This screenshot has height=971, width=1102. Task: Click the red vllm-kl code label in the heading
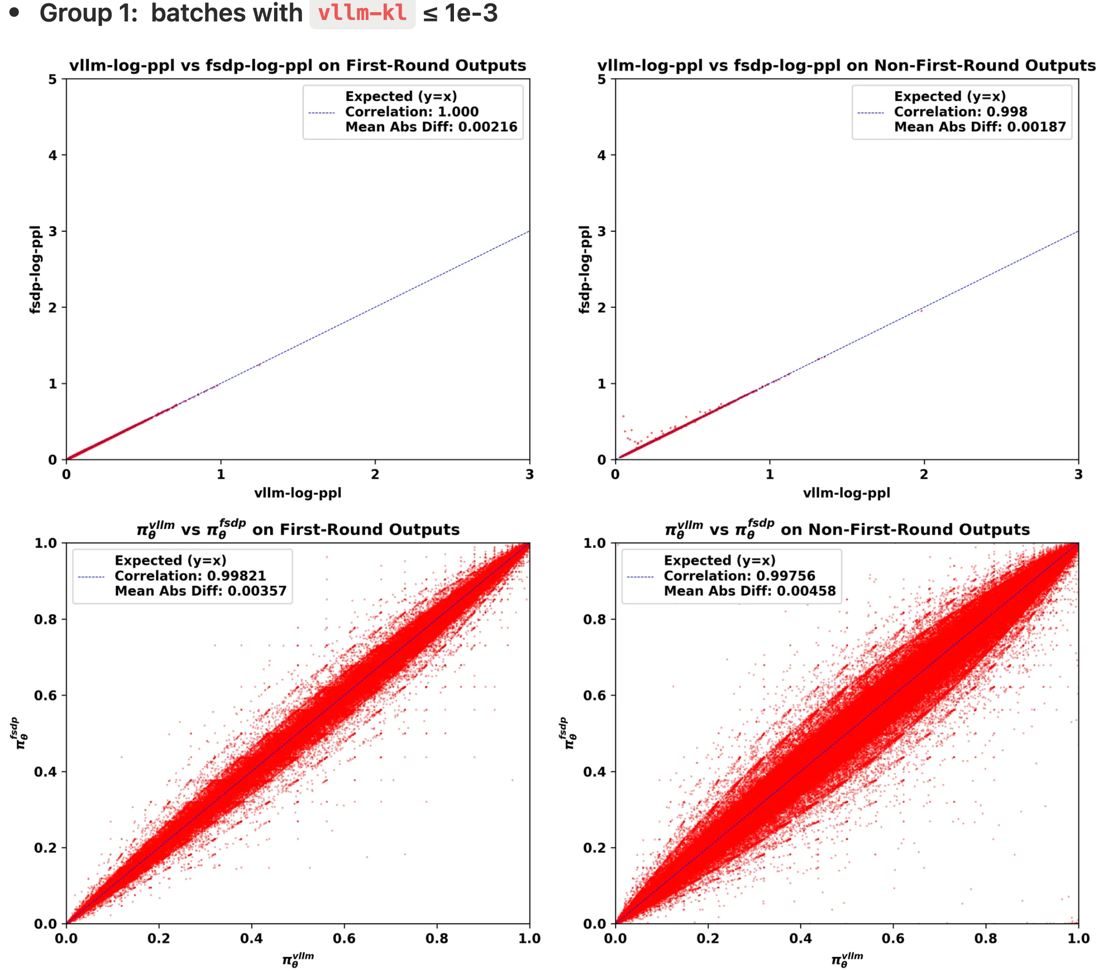(362, 13)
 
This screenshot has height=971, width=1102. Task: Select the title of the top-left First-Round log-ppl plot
(297, 65)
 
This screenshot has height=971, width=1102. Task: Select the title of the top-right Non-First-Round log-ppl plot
(846, 65)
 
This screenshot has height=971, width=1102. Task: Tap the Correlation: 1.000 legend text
(412, 112)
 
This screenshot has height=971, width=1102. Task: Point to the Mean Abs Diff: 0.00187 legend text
(980, 127)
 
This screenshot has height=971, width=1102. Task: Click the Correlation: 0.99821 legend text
(190, 576)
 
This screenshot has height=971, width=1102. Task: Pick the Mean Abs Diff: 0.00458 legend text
(749, 591)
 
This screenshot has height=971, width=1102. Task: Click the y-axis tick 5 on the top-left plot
(52, 80)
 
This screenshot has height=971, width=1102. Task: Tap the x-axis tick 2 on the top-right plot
(924, 474)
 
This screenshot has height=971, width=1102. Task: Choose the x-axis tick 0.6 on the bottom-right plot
(893, 939)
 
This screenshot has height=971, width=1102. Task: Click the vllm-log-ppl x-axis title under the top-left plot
(297, 492)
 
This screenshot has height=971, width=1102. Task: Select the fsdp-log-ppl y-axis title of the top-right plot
(584, 269)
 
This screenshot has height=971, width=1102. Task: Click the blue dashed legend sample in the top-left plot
(321, 113)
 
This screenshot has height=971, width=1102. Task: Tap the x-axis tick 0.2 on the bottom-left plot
(158, 939)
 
